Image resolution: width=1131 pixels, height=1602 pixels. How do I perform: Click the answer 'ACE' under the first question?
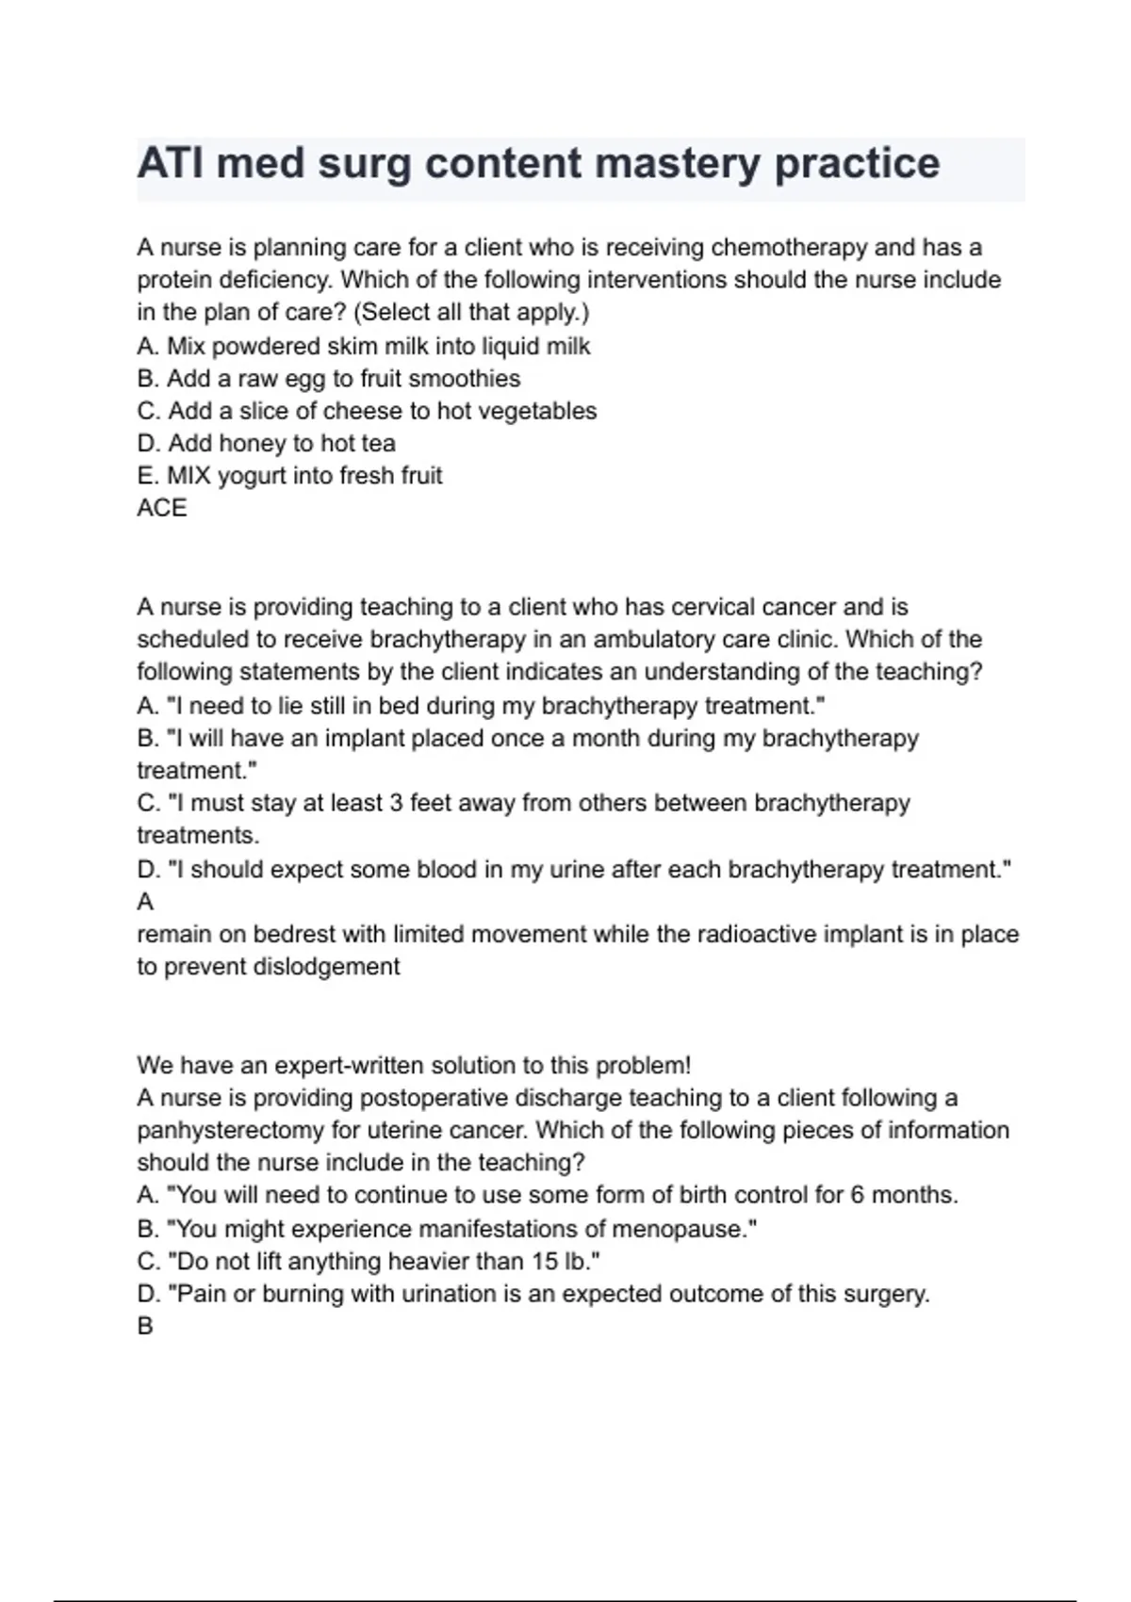[162, 508]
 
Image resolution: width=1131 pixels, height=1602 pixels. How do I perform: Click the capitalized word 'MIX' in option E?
[188, 476]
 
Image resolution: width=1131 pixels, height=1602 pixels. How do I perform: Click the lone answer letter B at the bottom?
[145, 1326]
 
